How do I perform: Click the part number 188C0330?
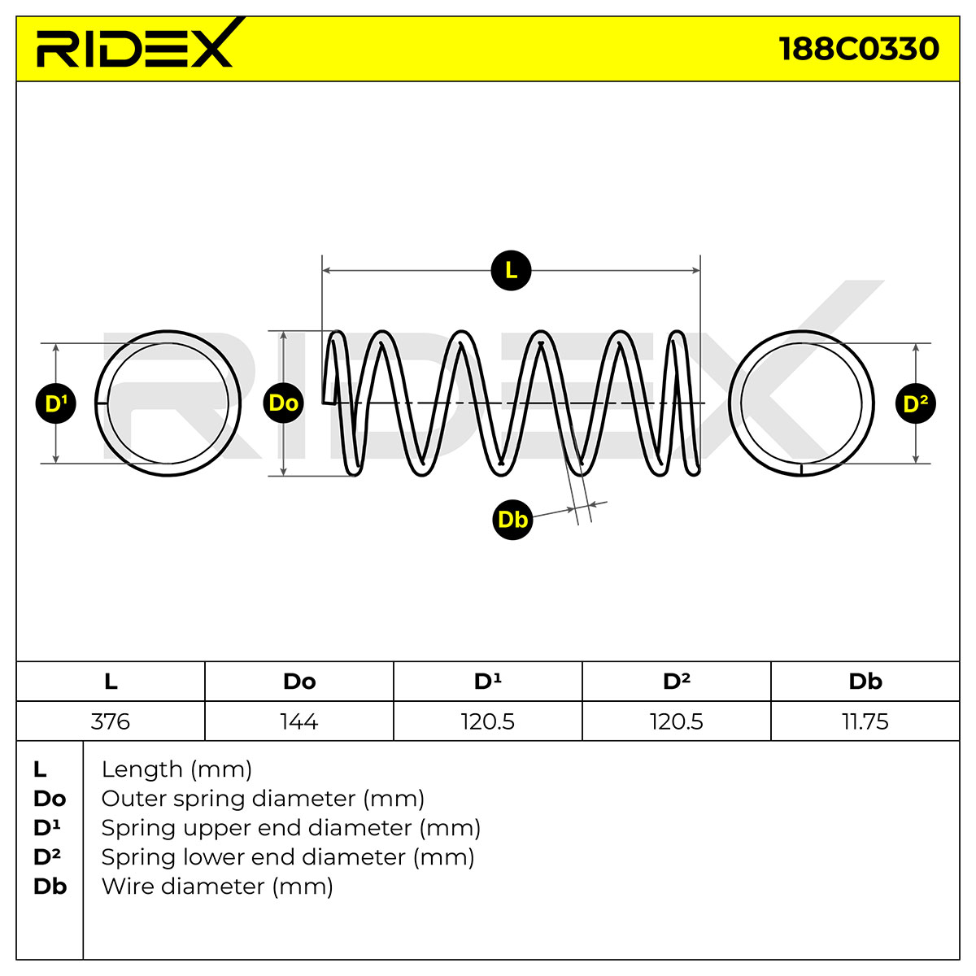click(859, 49)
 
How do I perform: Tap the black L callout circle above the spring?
click(511, 271)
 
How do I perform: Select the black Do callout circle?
click(284, 403)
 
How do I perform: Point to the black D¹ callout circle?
click(56, 403)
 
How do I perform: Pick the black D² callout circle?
click(916, 403)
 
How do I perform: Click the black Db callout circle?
click(512, 520)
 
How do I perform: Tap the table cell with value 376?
click(111, 721)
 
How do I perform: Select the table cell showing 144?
click(299, 721)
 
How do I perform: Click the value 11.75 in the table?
click(865, 721)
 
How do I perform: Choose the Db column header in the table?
click(865, 682)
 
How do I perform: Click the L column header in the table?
click(111, 682)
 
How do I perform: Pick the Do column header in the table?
click(299, 682)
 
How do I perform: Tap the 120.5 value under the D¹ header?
click(488, 721)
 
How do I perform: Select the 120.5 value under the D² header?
click(677, 721)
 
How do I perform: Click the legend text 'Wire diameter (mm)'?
click(217, 887)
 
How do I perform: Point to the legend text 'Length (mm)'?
click(176, 769)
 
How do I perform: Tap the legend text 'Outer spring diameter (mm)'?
click(263, 799)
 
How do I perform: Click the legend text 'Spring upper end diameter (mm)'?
click(290, 828)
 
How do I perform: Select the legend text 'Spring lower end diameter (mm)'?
click(288, 857)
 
